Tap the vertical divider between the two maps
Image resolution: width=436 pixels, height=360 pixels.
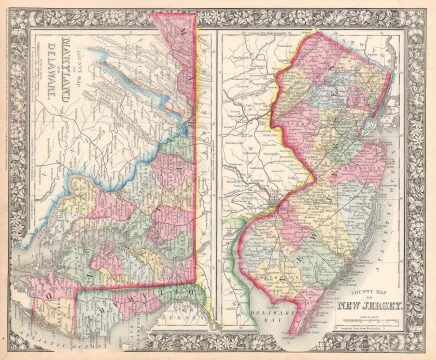click(x=213, y=180)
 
